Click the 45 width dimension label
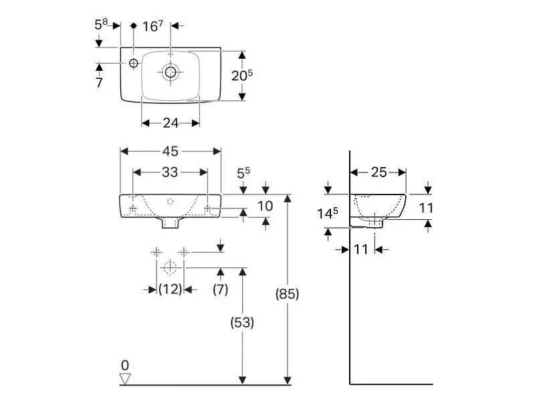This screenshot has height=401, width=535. [170, 151]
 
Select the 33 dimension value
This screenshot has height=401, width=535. [170, 172]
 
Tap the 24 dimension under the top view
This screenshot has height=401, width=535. [171, 123]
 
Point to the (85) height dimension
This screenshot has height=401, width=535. [287, 293]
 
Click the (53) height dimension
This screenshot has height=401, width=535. [242, 322]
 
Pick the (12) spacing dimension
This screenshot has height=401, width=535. [170, 289]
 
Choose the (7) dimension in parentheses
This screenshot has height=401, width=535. [220, 289]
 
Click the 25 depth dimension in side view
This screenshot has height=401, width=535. [379, 172]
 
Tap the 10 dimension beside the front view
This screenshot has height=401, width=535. [265, 206]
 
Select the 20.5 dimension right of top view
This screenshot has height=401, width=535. [242, 76]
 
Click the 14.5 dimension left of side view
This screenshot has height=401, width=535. [326, 213]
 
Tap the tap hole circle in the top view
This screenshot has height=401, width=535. [133, 63]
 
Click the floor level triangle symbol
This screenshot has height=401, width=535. [124, 379]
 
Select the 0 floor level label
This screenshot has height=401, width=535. [124, 365]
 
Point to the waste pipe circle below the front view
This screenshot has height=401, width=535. [170, 269]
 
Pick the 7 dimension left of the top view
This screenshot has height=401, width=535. [99, 82]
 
